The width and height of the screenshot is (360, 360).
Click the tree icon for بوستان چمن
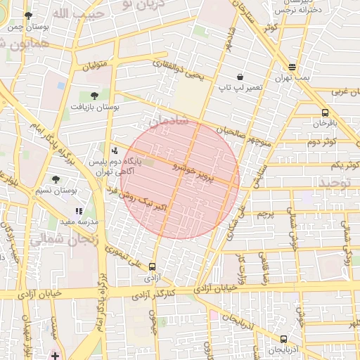coord(28,15)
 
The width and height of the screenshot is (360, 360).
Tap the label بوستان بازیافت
coord(95,106)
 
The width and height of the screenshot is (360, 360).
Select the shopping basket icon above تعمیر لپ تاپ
coord(240,77)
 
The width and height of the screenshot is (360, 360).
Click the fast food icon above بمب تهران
coord(292,67)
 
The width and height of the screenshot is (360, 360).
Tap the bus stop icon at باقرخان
coord(325,112)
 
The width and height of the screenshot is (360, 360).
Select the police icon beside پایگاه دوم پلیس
coord(115,150)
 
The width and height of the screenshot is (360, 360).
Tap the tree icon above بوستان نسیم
coord(56,179)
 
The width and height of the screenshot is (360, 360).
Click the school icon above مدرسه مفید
coord(79,211)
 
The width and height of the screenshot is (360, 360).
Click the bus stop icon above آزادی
coord(153,266)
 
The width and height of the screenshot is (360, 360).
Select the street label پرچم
coord(264,213)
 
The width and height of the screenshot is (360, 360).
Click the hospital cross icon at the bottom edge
coord(55,354)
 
